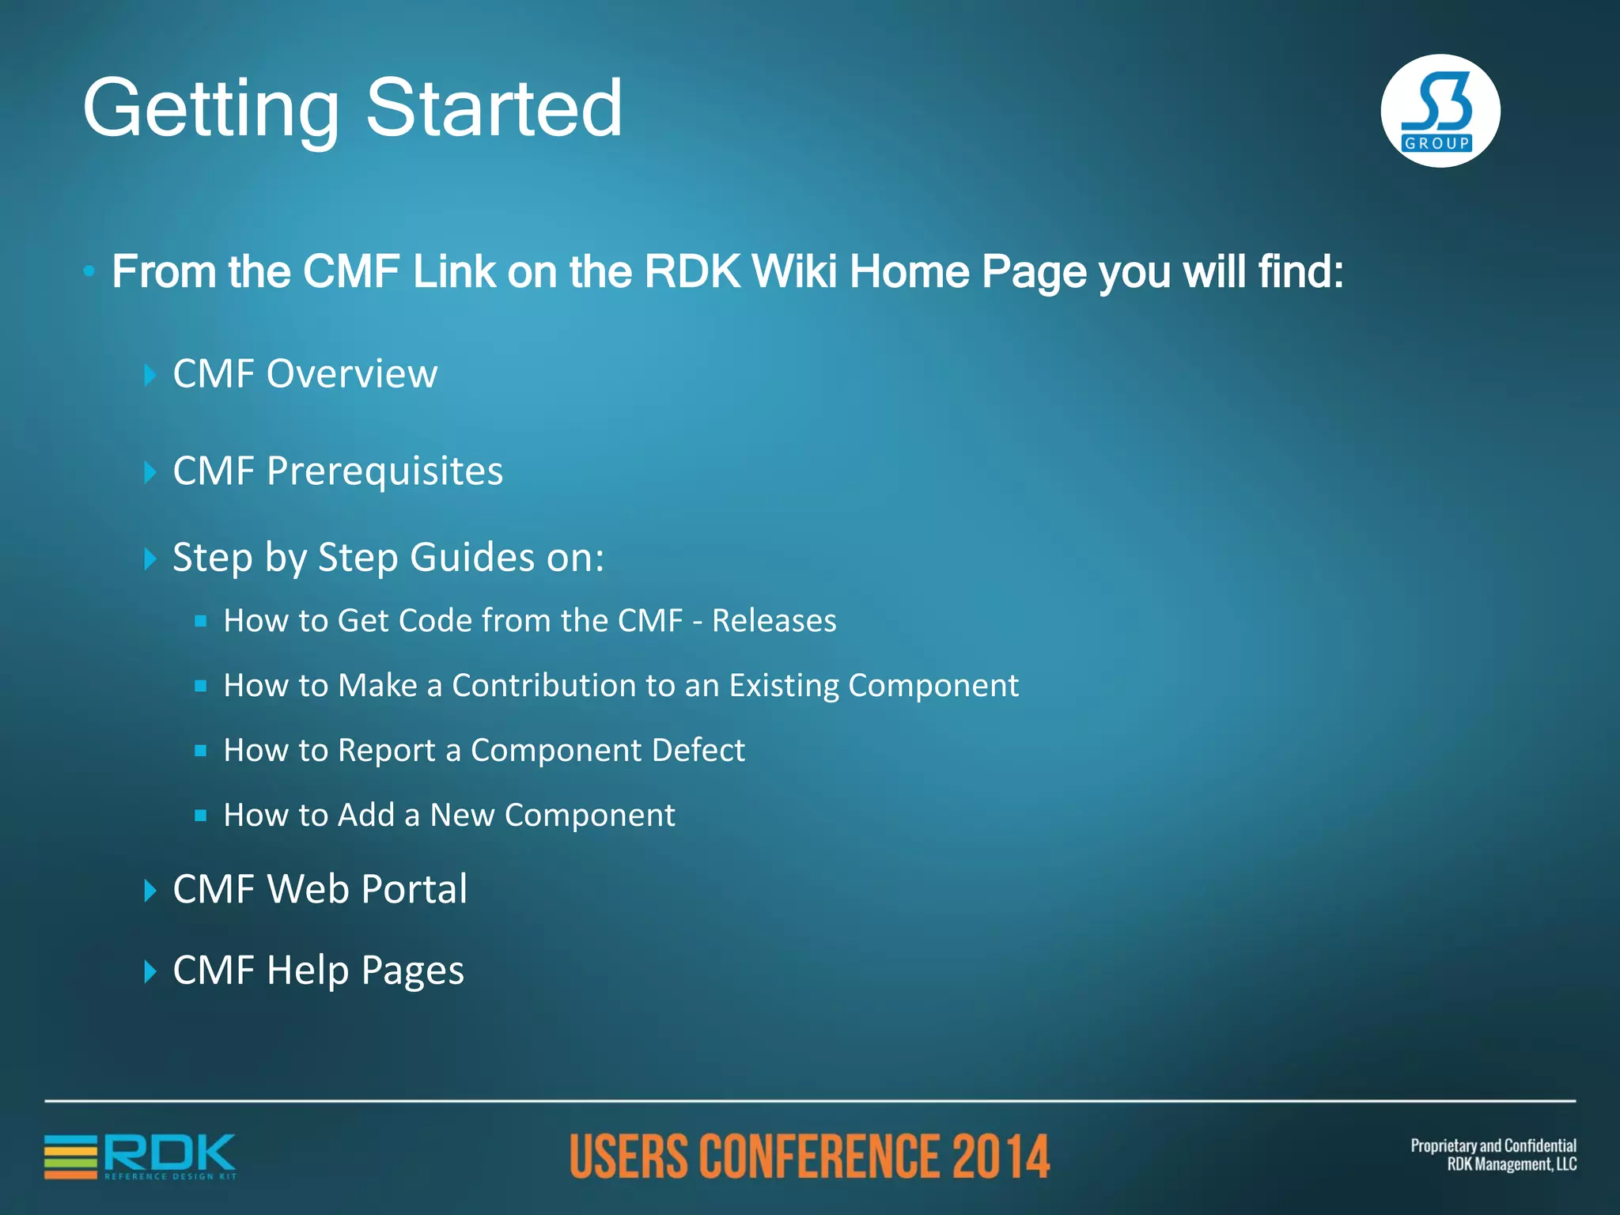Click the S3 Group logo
point(1440,111)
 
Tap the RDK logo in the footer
point(141,1156)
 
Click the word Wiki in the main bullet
point(794,271)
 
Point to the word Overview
point(352,373)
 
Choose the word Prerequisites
point(384,471)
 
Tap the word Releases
point(774,621)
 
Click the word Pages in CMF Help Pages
point(412,971)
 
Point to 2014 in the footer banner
point(1001,1156)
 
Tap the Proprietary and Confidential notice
point(1493,1155)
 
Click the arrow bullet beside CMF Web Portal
point(150,891)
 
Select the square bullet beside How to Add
point(201,815)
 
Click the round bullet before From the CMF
point(89,272)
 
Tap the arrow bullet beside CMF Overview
point(150,375)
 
